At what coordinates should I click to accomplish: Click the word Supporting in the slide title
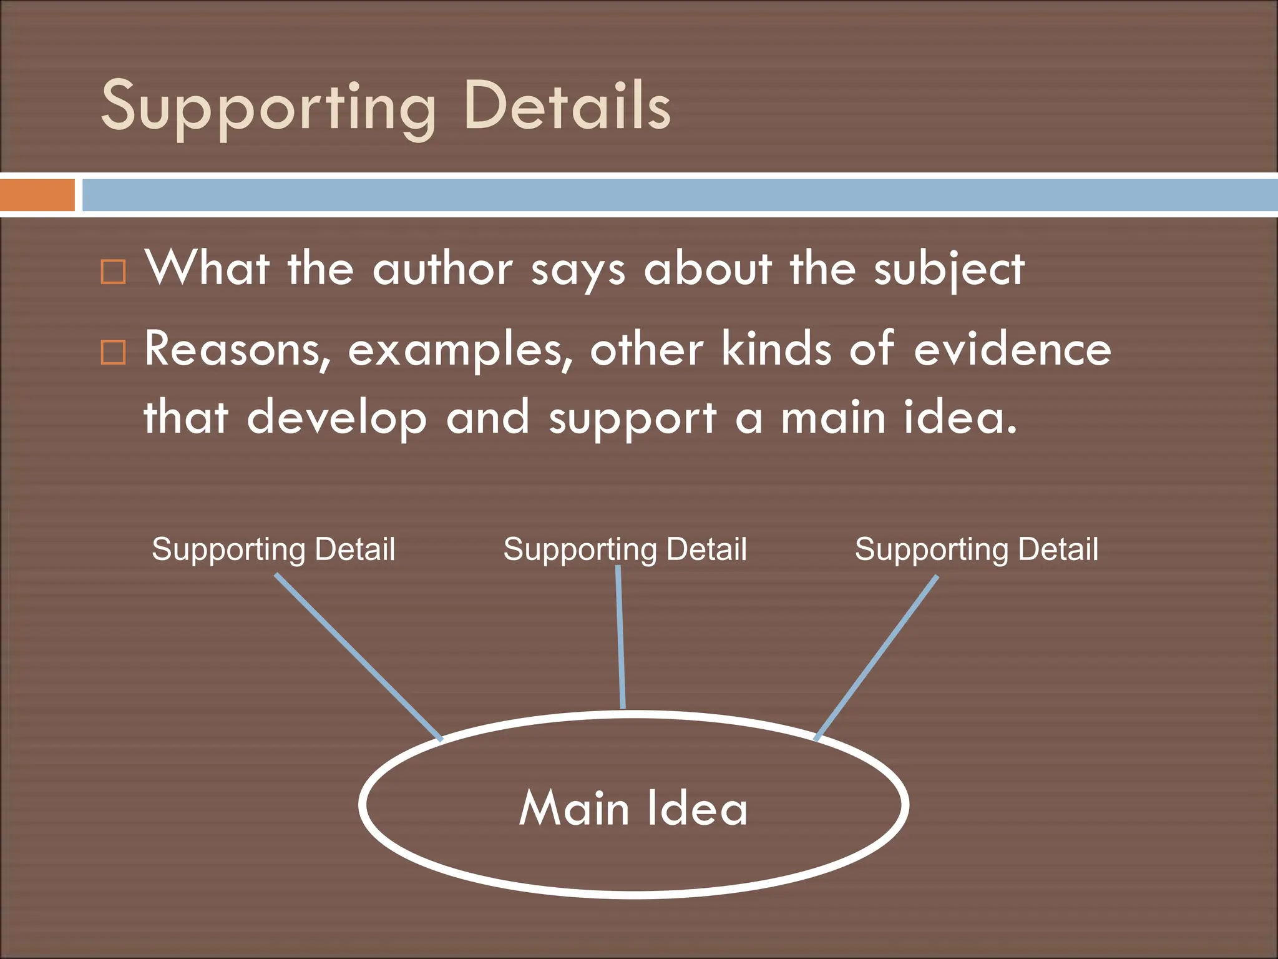point(268,107)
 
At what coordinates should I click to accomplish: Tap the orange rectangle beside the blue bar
point(37,195)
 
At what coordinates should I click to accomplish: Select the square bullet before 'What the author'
point(114,272)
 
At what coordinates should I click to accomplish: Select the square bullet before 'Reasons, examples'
point(114,353)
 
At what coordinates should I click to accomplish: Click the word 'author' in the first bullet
point(442,270)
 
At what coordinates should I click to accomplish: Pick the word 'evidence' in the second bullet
point(1012,350)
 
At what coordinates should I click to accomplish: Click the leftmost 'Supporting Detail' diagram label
point(273,550)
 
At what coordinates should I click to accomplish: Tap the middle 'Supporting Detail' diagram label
point(625,550)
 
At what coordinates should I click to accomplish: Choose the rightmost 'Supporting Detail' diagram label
point(976,550)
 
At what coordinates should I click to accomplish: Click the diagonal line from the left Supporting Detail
point(359,657)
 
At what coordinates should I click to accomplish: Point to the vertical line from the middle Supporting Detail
point(621,637)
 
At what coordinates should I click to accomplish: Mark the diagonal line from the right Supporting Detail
point(876,658)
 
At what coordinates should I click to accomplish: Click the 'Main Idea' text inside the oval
point(633,808)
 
